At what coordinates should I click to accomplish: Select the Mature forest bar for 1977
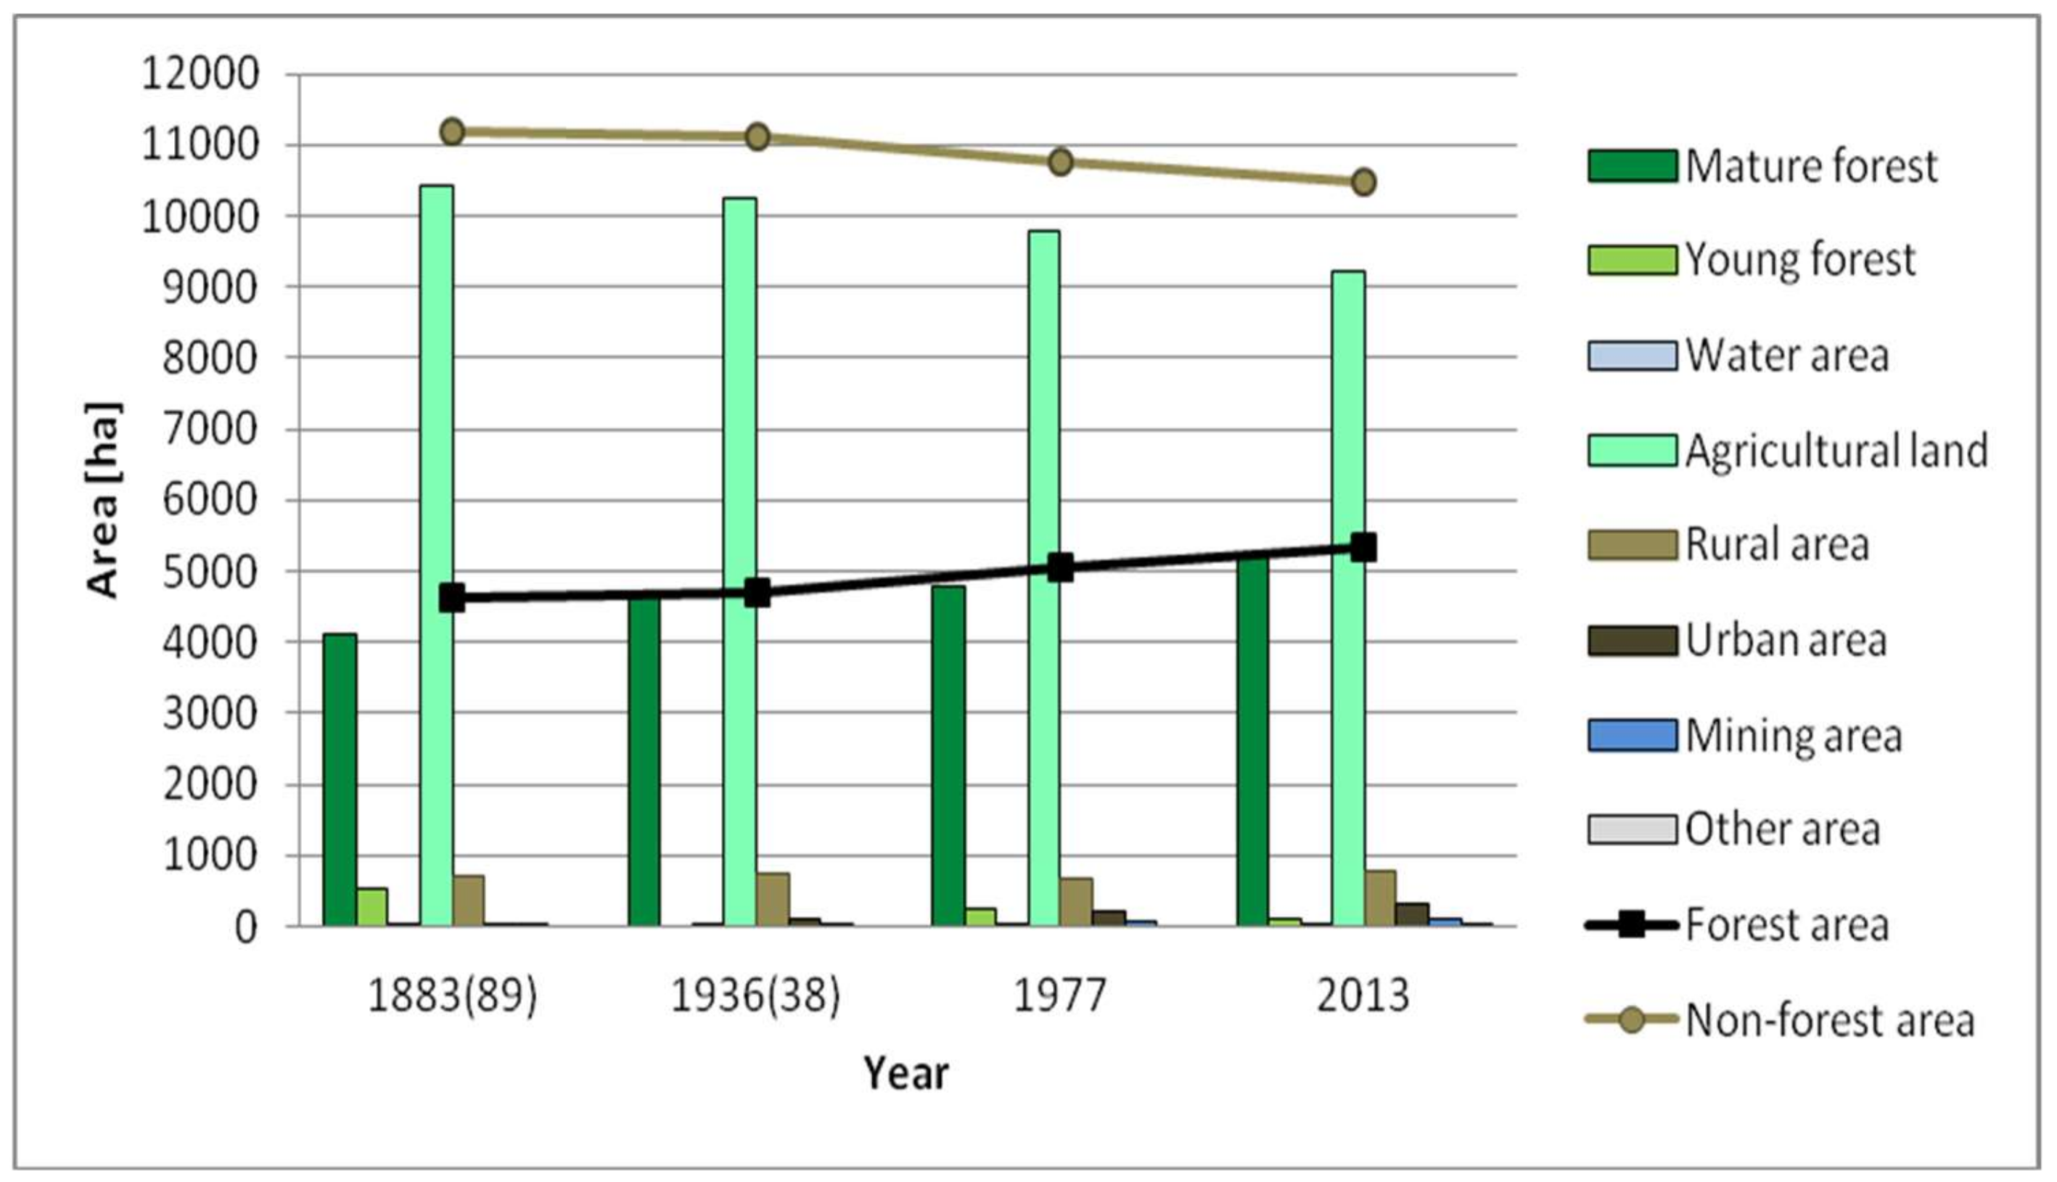point(948,755)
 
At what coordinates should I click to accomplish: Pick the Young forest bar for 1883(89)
point(371,907)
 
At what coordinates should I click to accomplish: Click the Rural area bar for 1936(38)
point(773,899)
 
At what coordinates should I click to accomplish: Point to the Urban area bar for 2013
point(1413,914)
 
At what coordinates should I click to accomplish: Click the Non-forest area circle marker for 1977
point(1060,162)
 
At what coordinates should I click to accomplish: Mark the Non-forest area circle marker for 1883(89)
point(452,131)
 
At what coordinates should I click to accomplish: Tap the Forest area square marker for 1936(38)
point(757,593)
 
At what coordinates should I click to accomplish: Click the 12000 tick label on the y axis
point(200,75)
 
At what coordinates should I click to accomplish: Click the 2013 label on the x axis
point(1363,996)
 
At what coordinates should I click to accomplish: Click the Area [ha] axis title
point(104,500)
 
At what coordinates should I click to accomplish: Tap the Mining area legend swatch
point(1632,736)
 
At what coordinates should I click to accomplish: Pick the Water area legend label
point(1786,356)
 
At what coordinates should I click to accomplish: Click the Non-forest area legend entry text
point(1830,1020)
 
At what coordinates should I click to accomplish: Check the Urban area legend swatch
point(1632,641)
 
